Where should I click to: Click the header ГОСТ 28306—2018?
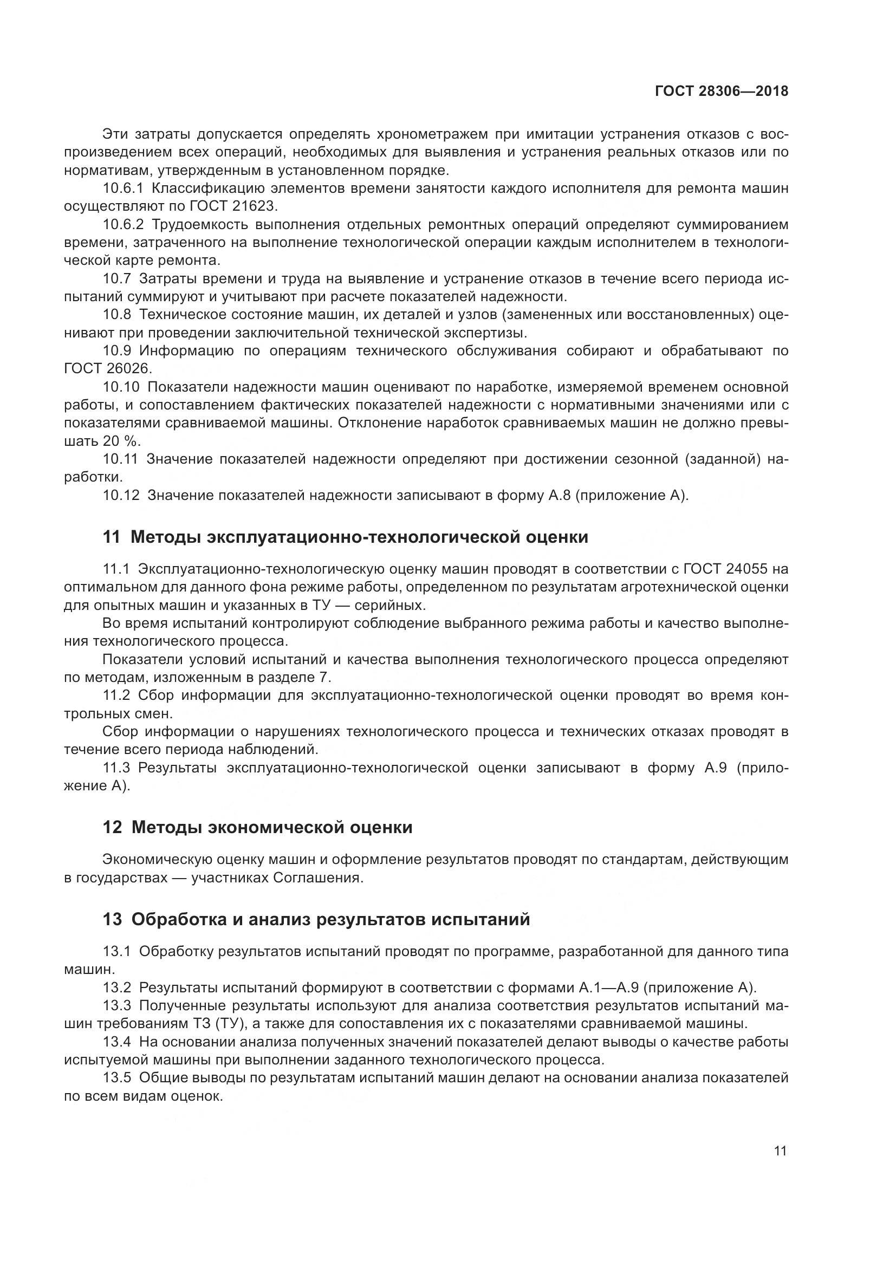721,92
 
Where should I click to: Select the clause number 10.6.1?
122,189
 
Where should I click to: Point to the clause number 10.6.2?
122,225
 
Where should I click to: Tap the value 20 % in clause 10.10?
121,441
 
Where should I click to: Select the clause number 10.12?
121,495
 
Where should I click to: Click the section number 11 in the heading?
112,537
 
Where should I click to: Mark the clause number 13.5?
117,1078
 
